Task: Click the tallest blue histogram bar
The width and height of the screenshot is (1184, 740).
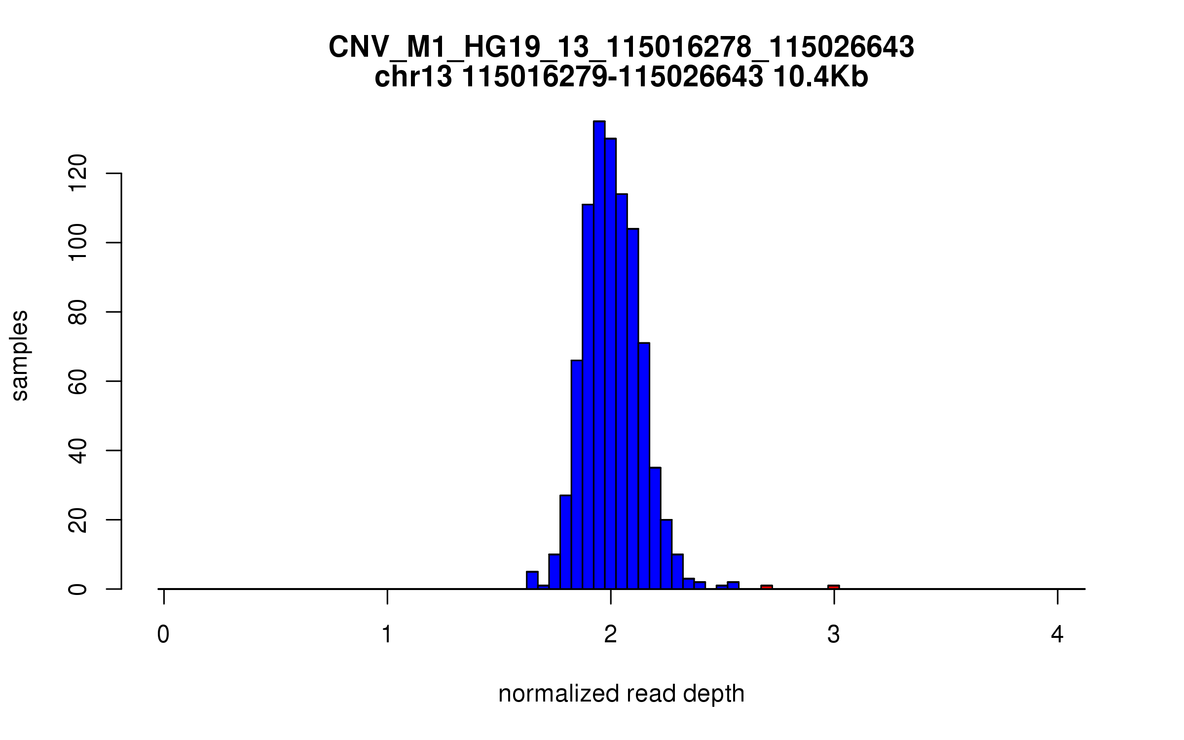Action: point(599,355)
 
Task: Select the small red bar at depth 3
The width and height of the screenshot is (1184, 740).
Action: point(834,587)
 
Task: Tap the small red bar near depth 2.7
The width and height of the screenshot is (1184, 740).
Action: point(766,587)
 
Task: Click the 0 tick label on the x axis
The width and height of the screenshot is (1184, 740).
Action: point(163,634)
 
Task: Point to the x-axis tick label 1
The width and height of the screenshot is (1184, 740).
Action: point(387,634)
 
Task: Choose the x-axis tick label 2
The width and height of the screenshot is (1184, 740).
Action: point(611,634)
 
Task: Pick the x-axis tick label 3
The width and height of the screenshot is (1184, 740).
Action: point(834,634)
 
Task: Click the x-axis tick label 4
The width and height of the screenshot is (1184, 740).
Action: point(1057,634)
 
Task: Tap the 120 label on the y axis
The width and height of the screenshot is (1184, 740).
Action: point(78,173)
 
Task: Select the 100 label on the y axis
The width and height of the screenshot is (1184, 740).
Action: point(78,243)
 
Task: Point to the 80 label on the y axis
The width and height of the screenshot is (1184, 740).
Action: point(78,312)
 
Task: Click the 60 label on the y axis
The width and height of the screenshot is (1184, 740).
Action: point(78,381)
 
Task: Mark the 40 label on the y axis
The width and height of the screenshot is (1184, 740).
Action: point(78,450)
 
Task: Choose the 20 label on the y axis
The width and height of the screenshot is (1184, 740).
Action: point(78,520)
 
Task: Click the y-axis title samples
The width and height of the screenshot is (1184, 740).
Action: point(20,355)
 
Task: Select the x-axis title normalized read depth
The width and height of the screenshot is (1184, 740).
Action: point(621,694)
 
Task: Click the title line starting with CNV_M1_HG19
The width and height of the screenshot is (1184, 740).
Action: point(621,48)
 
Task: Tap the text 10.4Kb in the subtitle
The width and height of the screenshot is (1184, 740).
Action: point(820,77)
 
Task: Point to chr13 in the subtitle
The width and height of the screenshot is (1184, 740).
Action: point(413,77)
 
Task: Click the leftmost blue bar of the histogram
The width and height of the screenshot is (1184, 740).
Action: point(532,580)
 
